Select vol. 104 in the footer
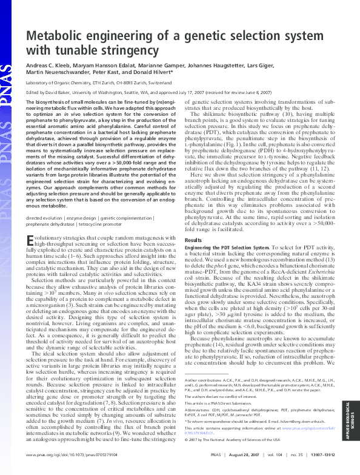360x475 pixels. click(258, 453)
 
